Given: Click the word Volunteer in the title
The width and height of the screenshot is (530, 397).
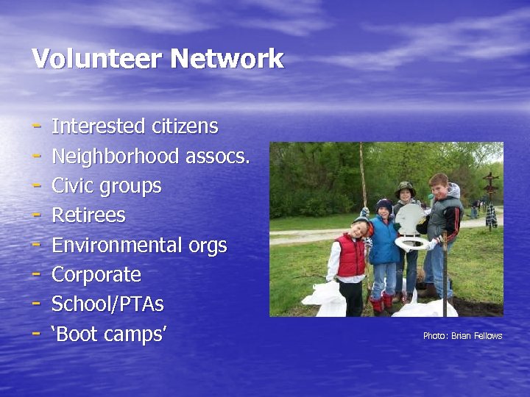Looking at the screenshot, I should pos(91,59).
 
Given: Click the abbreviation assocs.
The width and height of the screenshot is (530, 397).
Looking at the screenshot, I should pos(218,156).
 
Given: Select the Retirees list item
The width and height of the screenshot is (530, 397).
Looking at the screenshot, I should pos(88,215).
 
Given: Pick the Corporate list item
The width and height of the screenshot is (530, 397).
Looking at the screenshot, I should pos(96,275).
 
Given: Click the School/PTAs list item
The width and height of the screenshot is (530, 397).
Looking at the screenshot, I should pos(107,304).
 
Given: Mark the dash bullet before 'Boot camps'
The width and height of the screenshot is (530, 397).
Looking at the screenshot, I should pos(36,333).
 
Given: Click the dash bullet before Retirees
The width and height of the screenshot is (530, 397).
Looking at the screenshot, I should pos(36,215).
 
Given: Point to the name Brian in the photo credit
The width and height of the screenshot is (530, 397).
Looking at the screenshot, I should pos(461,336).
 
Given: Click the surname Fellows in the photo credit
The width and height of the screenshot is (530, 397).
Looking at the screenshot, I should pos(488,336).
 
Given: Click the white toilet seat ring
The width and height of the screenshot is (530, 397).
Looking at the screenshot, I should pos(411,242).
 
